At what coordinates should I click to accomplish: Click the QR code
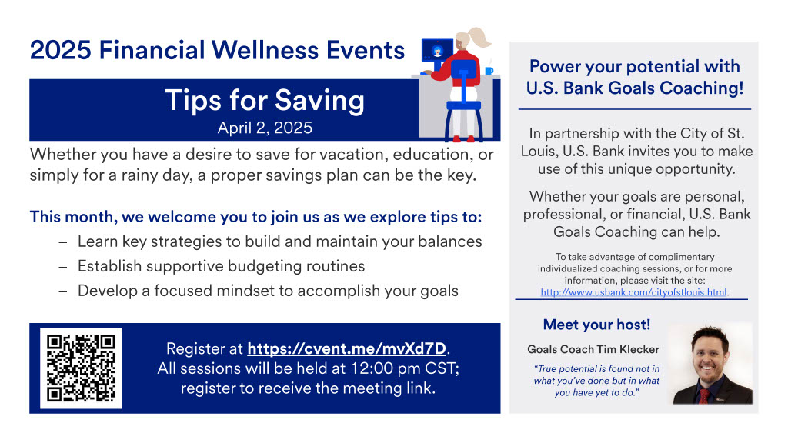[x=81, y=368]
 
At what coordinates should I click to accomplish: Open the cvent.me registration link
[x=347, y=348]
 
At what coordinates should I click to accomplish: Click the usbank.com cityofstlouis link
[x=634, y=292]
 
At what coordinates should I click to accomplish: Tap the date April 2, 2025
[x=265, y=128]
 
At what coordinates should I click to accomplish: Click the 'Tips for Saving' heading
[x=265, y=100]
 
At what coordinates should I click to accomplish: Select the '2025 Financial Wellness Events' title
[x=217, y=50]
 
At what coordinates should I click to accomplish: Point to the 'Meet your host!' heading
[x=596, y=325]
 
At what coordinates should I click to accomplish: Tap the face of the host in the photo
[x=710, y=356]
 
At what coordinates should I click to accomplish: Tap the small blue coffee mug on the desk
[x=489, y=71]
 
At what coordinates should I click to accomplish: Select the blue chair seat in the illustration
[x=463, y=105]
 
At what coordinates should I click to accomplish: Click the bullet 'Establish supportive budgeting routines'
[x=221, y=266]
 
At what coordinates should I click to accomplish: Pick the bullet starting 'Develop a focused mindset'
[x=268, y=291]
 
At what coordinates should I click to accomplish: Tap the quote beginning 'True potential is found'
[x=596, y=381]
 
